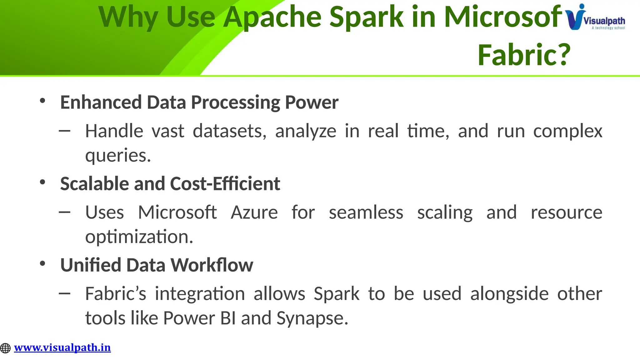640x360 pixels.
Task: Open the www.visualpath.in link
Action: click(62, 347)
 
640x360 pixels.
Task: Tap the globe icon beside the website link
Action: click(5, 348)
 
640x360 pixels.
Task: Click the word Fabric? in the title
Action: click(524, 55)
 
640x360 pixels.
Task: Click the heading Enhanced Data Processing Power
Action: click(199, 102)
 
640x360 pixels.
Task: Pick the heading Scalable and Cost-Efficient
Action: click(170, 184)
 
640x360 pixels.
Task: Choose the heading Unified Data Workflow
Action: click(157, 265)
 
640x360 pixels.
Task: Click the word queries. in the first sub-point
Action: click(118, 155)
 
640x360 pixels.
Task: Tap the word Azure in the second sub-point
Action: click(254, 212)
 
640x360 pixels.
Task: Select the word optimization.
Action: click(139, 237)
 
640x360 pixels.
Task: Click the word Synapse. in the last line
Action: click(312, 318)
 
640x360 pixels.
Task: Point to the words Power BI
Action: click(199, 318)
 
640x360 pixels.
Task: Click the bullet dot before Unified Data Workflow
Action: click(43, 263)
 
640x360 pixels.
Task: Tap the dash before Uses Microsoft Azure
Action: click(65, 212)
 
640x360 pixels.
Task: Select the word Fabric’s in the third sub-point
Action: click(116, 294)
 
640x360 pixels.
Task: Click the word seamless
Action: click(366, 212)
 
